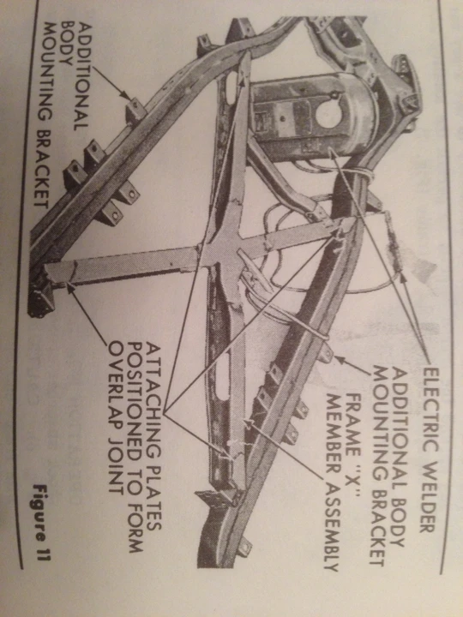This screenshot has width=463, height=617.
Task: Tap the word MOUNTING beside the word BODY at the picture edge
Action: tap(47, 70)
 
